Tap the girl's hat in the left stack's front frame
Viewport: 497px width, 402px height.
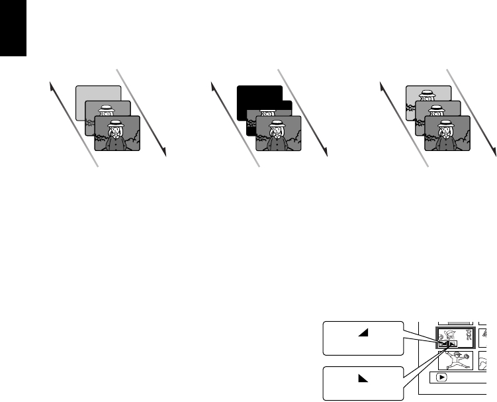pos(116,124)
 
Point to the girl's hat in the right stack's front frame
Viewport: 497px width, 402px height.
pos(447,124)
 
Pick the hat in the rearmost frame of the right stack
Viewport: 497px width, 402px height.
pos(428,93)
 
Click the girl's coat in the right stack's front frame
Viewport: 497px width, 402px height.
pos(447,143)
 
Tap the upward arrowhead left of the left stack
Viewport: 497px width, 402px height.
pos(52,84)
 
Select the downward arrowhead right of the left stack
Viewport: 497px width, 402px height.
pos(163,152)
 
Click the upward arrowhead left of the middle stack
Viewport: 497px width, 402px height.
pos(212,84)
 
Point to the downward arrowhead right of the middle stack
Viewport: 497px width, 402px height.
pos(326,152)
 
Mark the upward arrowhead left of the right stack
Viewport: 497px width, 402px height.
pos(383,84)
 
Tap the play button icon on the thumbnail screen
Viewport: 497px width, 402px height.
pos(440,377)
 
